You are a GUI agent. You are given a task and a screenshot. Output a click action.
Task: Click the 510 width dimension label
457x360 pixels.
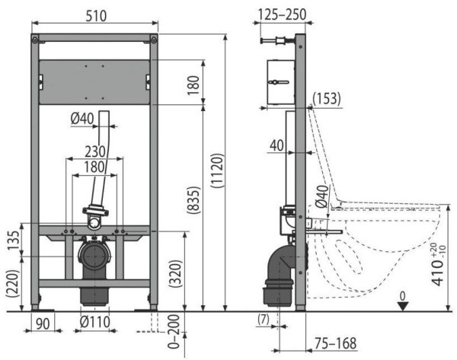coord(96,16)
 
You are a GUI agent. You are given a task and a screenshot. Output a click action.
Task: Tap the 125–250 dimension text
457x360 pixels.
coord(283,14)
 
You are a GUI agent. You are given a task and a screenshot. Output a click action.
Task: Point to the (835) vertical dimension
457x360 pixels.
coord(194,201)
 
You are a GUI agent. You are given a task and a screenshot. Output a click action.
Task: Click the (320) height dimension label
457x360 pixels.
coord(176,274)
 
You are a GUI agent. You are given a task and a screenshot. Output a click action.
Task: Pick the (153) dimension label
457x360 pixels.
coord(327,98)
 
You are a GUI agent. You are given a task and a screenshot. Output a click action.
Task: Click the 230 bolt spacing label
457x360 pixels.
coord(94,151)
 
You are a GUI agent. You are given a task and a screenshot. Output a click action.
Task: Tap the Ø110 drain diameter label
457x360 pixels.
coord(95,322)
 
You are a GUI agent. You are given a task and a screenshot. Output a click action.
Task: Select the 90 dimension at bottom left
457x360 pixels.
coord(43,323)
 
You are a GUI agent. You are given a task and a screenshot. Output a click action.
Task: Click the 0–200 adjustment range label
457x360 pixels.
coord(174,331)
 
